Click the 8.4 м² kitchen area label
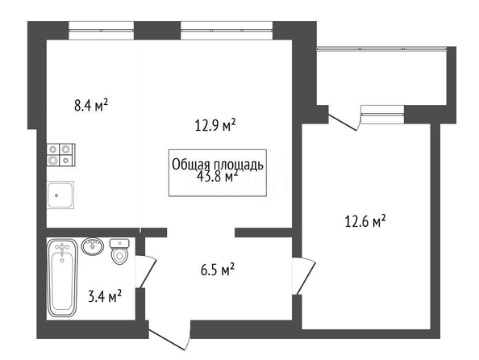pos(91,106)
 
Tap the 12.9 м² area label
pos(215,125)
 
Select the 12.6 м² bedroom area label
pos(364,221)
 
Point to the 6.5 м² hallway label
pos(218,270)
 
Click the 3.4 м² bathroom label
pos(105,296)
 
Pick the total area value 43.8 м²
pos(217,177)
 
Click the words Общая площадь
pos(218,165)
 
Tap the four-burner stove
pos(61,155)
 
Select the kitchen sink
pos(60,195)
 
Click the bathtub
pos(63,278)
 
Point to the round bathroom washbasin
pos(93,246)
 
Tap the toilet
pos(119,251)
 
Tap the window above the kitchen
pos(101,31)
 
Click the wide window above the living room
pos(227,31)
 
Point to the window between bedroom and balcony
pos(382,115)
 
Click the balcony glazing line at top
pos(382,48)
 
